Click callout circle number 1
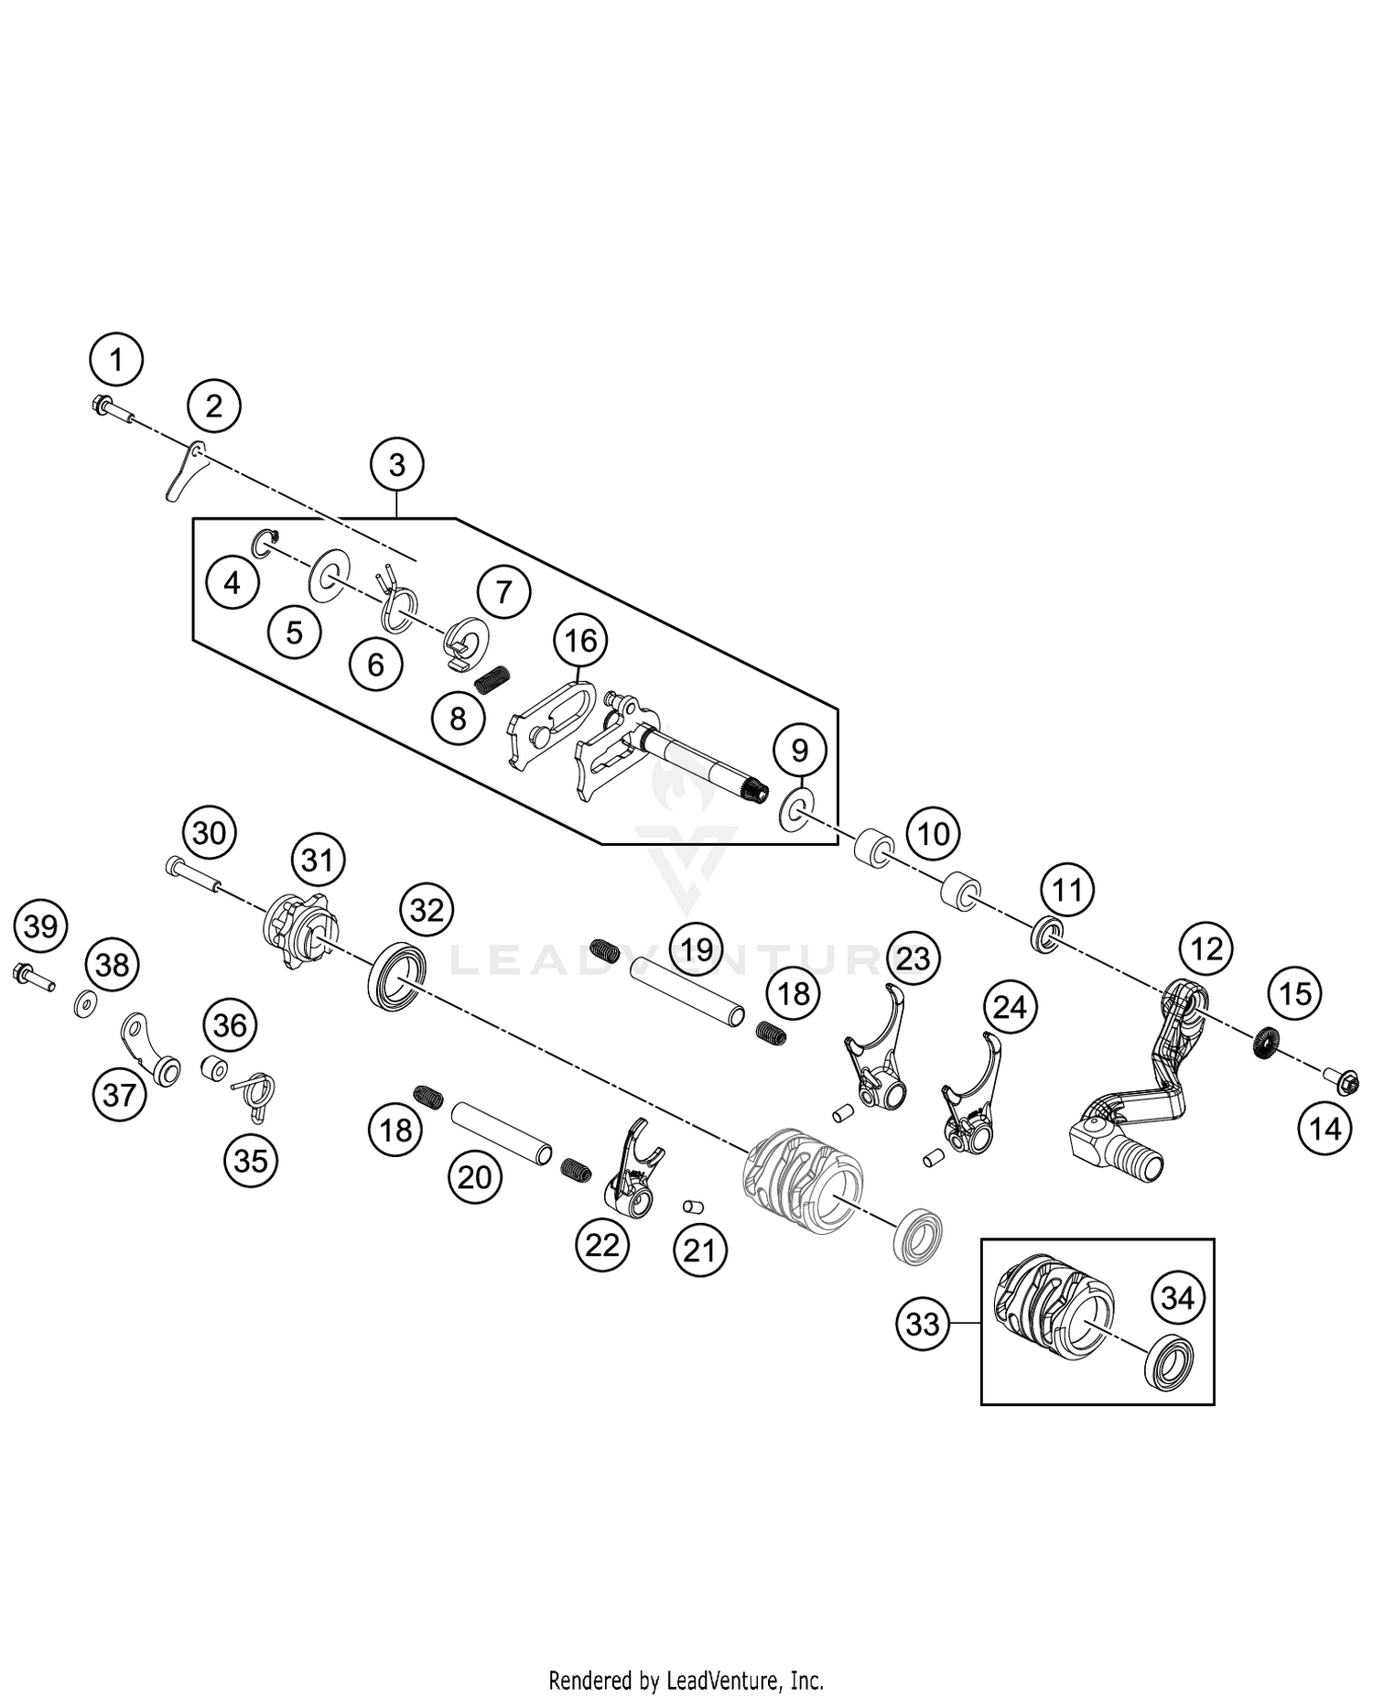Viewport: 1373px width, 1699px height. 116,360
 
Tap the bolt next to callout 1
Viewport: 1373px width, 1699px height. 112,409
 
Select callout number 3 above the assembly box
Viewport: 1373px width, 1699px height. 396,465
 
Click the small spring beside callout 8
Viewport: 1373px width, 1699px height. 492,679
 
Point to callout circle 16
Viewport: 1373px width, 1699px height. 581,641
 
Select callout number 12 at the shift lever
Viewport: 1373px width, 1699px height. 1205,948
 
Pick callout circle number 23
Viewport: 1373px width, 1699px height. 913,958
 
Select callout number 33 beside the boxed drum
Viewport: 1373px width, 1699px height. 922,1324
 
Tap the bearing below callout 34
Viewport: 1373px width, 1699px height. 1169,1362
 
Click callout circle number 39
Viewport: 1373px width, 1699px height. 41,926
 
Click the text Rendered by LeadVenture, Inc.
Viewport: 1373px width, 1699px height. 686,1681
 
